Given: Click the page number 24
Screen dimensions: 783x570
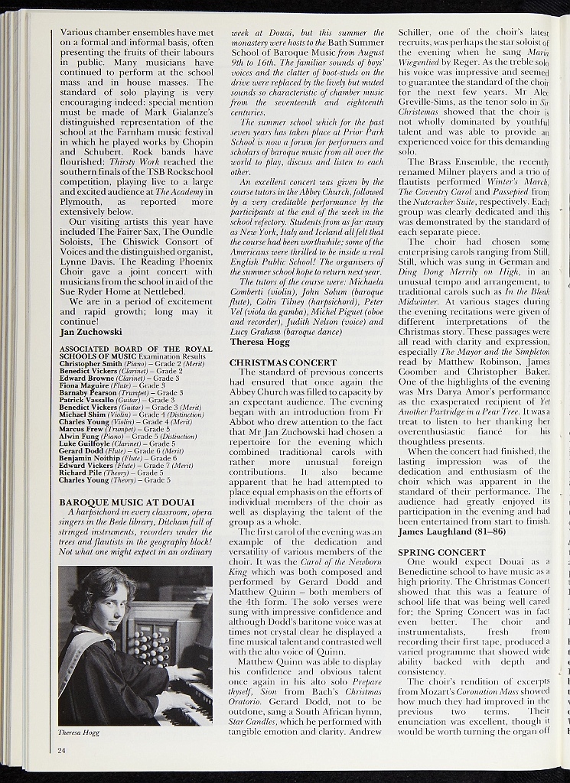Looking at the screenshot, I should click(x=61, y=750).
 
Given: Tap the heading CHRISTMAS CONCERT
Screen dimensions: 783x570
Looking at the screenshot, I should click(x=283, y=362).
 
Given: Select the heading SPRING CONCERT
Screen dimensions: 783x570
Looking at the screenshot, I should click(x=441, y=552).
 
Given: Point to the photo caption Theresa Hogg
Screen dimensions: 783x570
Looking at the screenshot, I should click(x=79, y=733).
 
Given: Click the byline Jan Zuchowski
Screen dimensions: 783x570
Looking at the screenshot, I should click(x=90, y=333).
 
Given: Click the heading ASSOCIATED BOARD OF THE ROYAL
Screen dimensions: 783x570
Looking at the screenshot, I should click(x=135, y=349).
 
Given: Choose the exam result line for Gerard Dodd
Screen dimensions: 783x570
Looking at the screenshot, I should click(x=122, y=451).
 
